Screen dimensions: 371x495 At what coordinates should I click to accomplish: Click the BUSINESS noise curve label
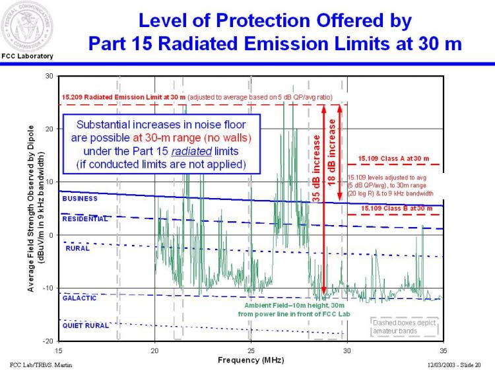click(80, 198)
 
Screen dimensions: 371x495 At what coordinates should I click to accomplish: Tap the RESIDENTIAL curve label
click(85, 219)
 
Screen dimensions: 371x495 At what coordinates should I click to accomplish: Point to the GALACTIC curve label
click(80, 298)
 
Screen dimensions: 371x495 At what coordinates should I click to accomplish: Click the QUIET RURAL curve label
click(85, 325)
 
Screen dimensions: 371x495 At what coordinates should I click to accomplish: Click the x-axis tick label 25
click(251, 350)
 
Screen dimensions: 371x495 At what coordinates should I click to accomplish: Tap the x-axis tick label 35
click(443, 350)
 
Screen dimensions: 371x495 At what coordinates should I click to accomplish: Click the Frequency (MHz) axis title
click(251, 360)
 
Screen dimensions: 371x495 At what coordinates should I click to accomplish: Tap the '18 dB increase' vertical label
click(332, 152)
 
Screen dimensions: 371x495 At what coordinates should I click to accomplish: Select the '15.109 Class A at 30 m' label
click(393, 158)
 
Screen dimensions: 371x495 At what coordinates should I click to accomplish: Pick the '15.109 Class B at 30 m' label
click(393, 208)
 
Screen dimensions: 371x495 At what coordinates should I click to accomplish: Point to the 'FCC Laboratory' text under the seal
click(27, 56)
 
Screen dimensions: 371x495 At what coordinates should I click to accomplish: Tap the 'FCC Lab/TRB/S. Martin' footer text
click(42, 364)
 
